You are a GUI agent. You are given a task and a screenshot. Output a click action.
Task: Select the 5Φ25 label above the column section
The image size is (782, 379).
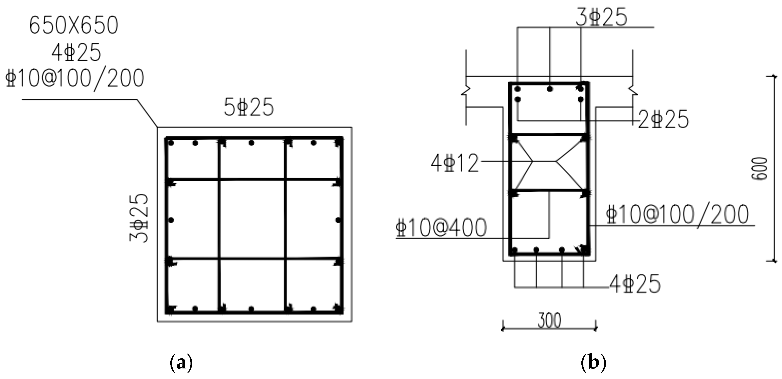(249, 108)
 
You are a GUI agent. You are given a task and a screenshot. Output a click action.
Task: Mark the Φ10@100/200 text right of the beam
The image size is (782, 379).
(677, 215)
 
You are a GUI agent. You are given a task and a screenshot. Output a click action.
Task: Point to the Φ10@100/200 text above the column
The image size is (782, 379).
(75, 78)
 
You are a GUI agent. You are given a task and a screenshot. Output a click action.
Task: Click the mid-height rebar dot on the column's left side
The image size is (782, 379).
(171, 220)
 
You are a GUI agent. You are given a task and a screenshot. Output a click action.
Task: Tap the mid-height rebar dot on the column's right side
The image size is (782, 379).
(338, 220)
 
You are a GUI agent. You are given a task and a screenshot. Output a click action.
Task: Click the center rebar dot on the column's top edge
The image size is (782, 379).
(251, 143)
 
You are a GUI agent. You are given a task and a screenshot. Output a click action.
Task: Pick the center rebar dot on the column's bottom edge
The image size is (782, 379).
(251, 309)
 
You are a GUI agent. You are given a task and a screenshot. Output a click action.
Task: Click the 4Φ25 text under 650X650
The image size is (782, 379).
(76, 53)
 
